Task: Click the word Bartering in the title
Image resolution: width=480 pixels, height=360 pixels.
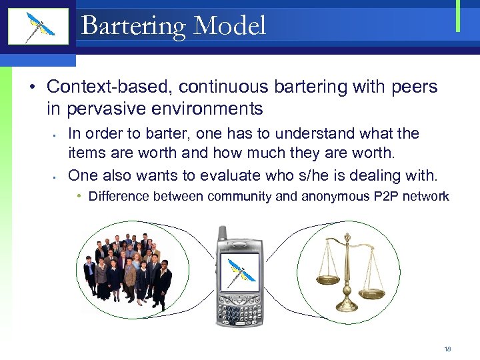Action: pos(131,27)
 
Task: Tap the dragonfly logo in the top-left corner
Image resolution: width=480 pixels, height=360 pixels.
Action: pos(38,27)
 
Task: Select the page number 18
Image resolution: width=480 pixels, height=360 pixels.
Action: pos(447,349)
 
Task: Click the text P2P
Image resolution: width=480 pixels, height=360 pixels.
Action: pos(393,196)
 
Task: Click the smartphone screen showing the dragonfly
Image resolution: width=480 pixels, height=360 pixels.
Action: pos(239,275)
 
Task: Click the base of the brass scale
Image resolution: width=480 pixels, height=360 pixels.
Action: pos(347,307)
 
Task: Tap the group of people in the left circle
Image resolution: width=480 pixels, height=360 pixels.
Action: pos(127,267)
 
